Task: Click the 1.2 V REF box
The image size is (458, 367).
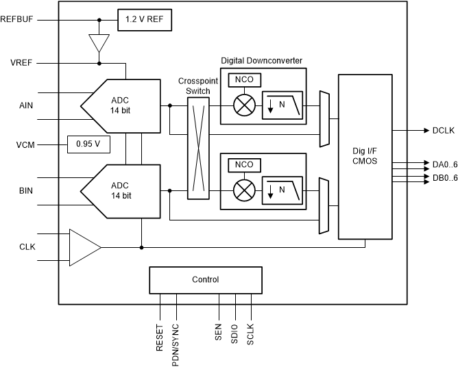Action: [x=144, y=20]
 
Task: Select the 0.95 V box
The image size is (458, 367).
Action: [x=88, y=144]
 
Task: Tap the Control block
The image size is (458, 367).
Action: [x=205, y=279]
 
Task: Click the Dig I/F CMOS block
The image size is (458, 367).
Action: [x=365, y=157]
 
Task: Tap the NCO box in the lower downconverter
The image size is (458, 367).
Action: [x=244, y=164]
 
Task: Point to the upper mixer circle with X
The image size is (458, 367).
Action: [x=244, y=106]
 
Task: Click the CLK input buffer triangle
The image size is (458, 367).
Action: [x=84, y=246]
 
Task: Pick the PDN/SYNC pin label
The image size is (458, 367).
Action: [x=176, y=328]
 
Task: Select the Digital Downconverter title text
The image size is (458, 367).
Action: [x=261, y=60]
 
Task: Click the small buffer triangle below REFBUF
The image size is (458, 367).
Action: [x=100, y=42]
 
